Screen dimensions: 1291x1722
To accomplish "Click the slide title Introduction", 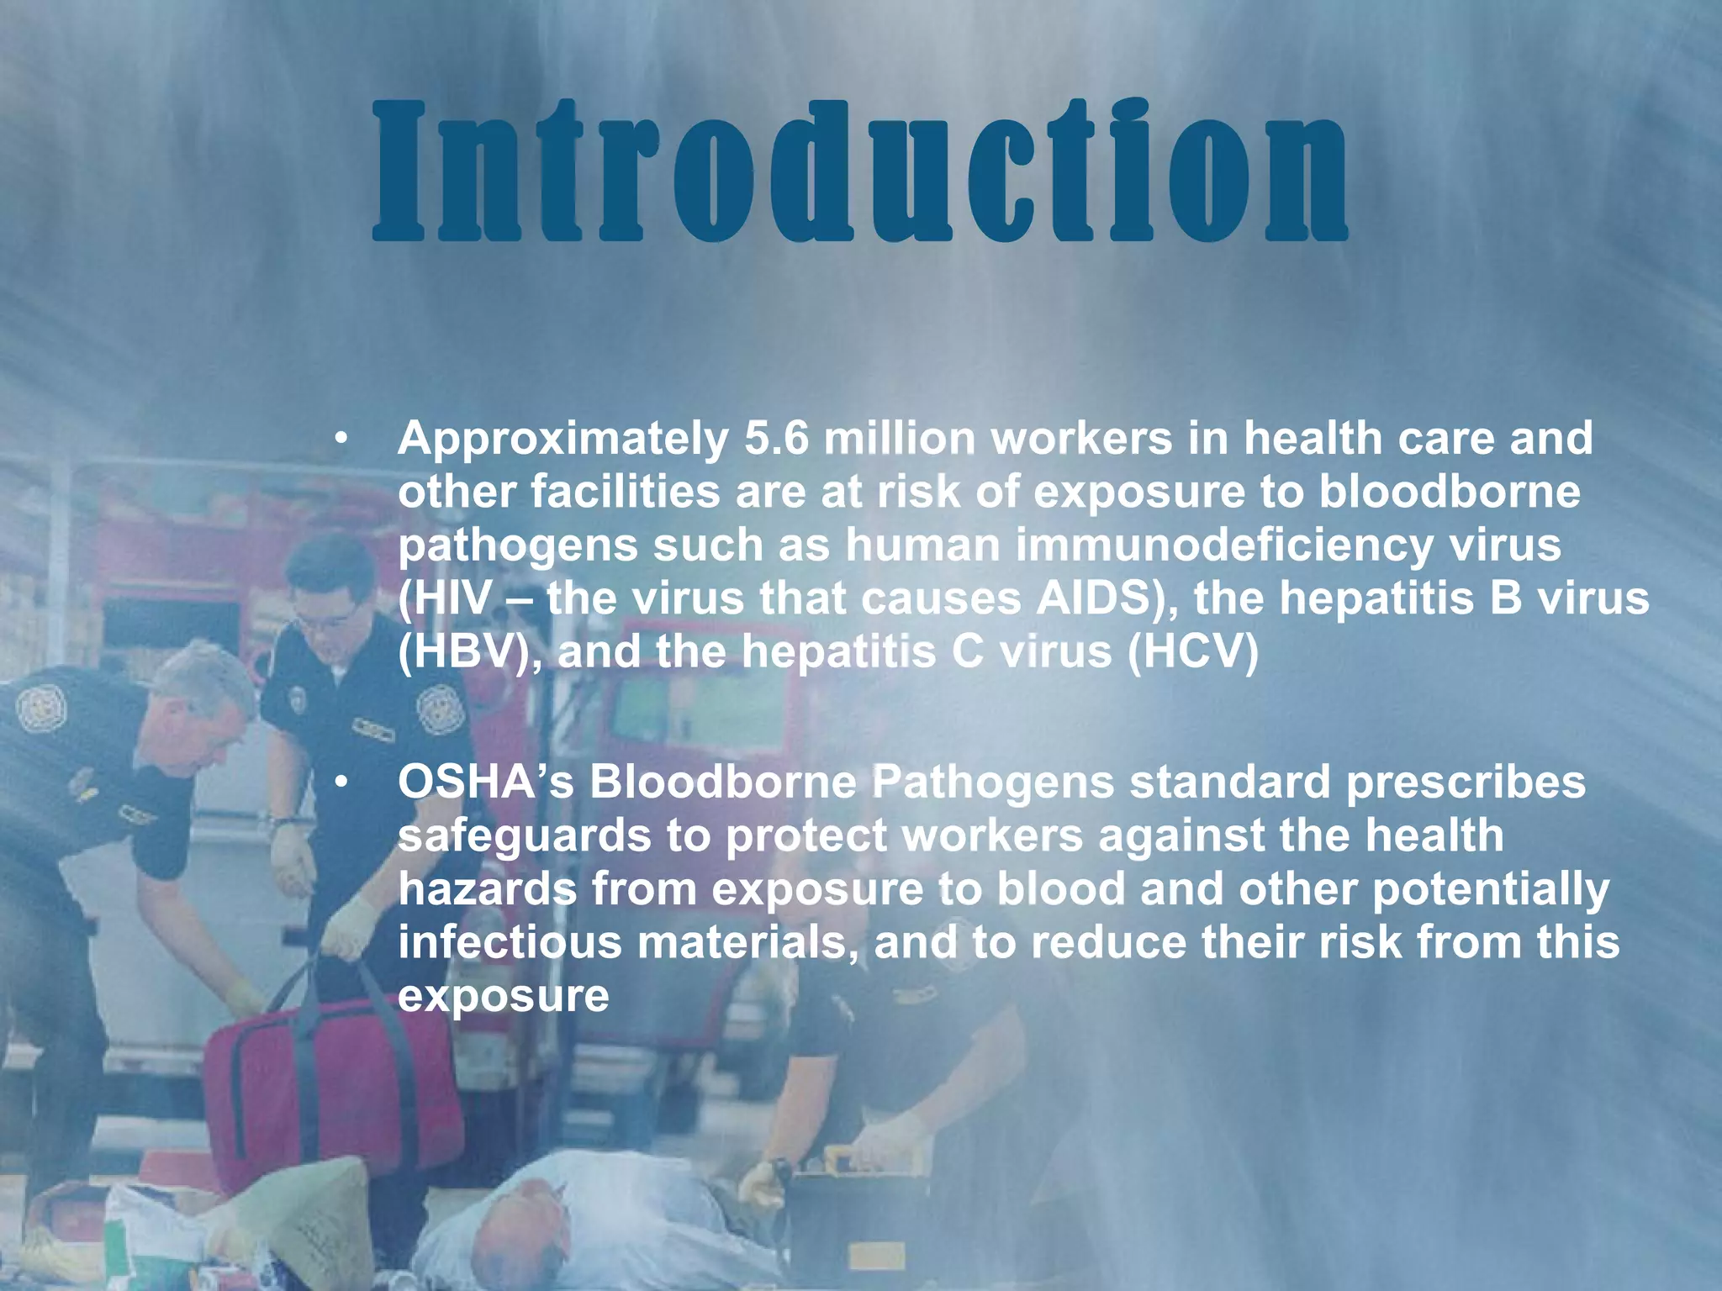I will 859,172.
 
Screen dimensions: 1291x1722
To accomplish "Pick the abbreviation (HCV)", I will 1192,652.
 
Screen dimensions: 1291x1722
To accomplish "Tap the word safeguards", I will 524,837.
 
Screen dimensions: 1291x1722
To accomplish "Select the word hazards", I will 487,889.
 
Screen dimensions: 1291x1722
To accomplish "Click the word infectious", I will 510,942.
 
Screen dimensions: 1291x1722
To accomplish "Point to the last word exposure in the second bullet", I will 503,997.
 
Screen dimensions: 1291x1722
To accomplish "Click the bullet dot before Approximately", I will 341,439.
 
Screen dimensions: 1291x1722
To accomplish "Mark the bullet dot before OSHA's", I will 341,783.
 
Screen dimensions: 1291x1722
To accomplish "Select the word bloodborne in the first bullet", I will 1449,493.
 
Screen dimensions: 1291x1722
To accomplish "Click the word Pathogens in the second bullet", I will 992,783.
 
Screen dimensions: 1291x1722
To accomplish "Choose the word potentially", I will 1491,891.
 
